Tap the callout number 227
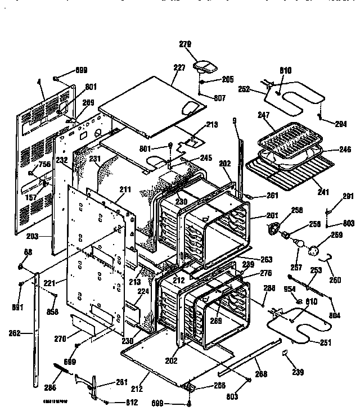point(179,67)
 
